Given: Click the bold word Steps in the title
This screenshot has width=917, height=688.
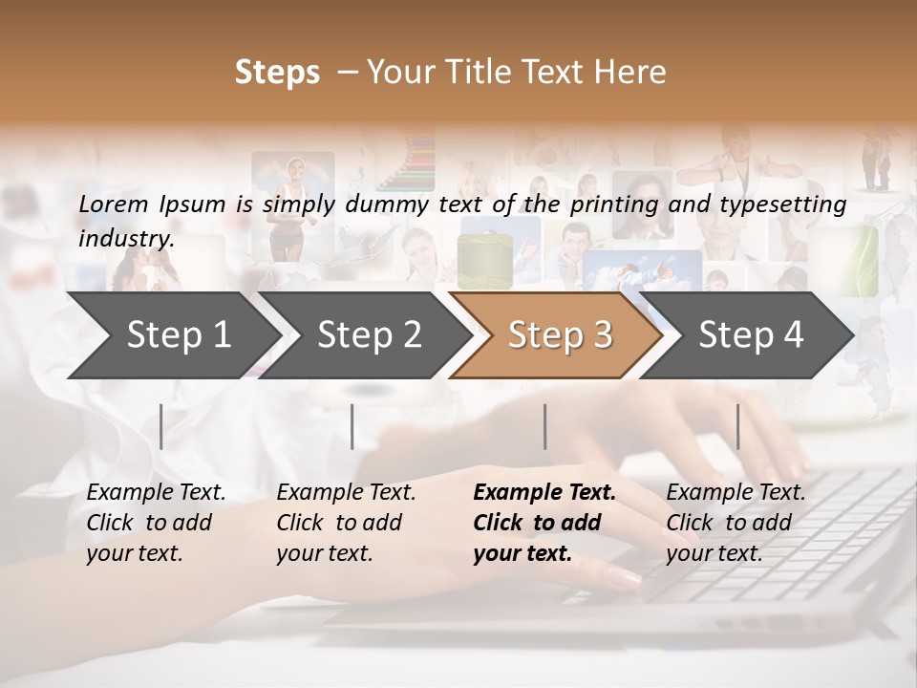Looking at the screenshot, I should pos(277,72).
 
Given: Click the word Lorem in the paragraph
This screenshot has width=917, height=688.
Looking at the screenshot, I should pos(113,204).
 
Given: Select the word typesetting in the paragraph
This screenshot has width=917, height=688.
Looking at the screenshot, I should pos(782,204).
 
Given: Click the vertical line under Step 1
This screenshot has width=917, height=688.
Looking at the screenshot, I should pos(161,426).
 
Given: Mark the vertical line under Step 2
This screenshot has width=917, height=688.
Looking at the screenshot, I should pos(352,426).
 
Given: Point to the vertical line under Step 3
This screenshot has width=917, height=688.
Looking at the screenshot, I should pos(544,426).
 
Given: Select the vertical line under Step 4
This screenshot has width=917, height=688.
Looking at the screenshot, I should pos(737,426).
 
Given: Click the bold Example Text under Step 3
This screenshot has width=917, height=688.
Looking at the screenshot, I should pos(544,493).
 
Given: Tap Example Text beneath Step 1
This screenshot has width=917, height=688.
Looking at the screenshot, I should pos(156,493).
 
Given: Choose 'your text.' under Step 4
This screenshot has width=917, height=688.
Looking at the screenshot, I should pos(714,553).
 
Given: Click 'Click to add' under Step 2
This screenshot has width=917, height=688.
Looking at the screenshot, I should pos(339,523).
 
